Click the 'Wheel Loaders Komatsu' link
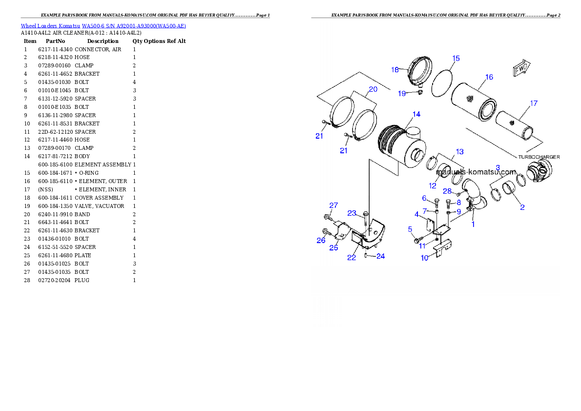pyautogui.click(x=50, y=26)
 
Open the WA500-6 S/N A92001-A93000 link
pyautogui.click(x=134, y=26)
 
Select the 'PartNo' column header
pyautogui.click(x=55, y=41)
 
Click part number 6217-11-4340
pyautogui.click(x=55, y=49)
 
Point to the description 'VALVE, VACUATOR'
pyautogui.click(x=99, y=206)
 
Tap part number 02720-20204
pyautogui.click(x=54, y=280)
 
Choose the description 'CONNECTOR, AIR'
pyautogui.click(x=98, y=49)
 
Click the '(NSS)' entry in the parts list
pyautogui.click(x=45, y=189)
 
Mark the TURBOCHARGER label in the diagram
pyautogui.click(x=539, y=157)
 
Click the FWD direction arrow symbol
pyautogui.click(x=521, y=68)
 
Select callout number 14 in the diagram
pyautogui.click(x=416, y=114)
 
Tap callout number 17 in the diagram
pyautogui.click(x=534, y=103)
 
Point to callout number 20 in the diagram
pyautogui.click(x=373, y=89)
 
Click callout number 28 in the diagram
pyautogui.click(x=447, y=191)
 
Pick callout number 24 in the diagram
pyautogui.click(x=380, y=256)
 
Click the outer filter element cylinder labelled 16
pyautogui.click(x=473, y=102)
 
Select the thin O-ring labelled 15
pyautogui.click(x=442, y=83)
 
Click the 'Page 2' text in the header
pyautogui.click(x=553, y=15)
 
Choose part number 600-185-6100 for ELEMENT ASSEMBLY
pyautogui.click(x=55, y=164)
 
